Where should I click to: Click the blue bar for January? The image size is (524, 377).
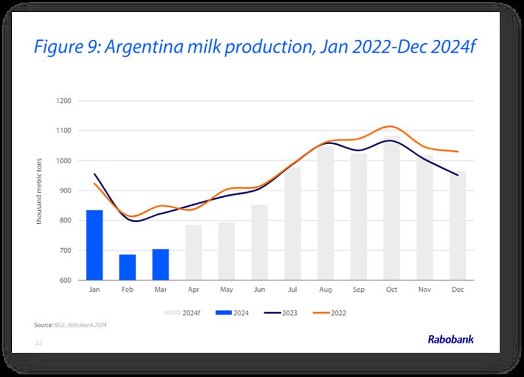coord(94,245)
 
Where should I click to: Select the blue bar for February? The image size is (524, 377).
coord(127,267)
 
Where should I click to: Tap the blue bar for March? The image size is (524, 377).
coord(160,264)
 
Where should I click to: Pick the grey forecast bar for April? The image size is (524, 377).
coord(193,253)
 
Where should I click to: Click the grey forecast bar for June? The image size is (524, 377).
coord(259,243)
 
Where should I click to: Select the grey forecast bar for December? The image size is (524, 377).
coord(458,226)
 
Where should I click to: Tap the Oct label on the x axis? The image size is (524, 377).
coord(392,289)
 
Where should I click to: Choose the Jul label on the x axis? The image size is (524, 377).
coord(292,289)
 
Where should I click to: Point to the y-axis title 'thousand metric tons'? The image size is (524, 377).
coord(40,190)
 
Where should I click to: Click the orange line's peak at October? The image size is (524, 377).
coord(390,126)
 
